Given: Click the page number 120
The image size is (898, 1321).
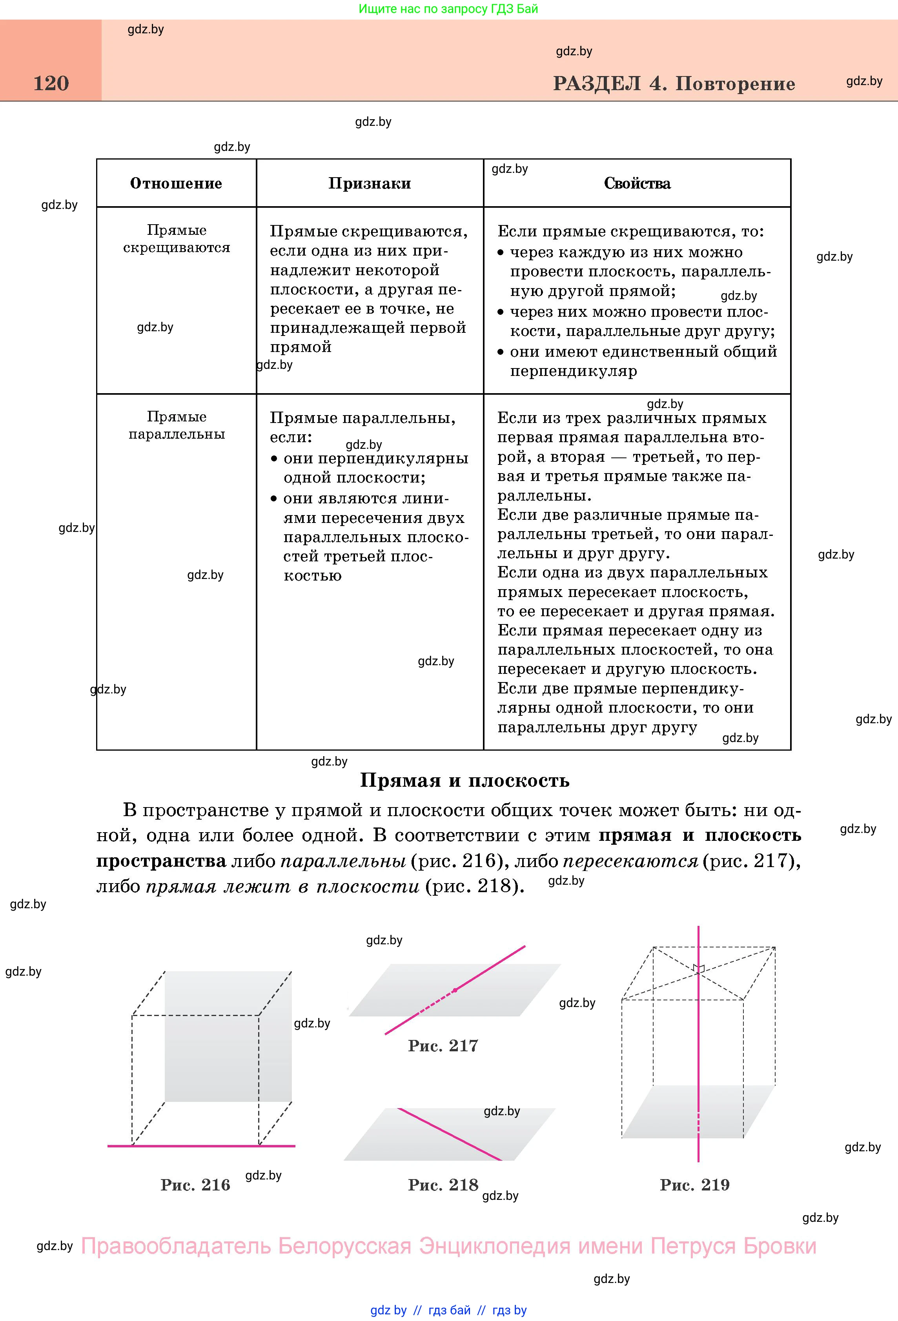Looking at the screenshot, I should [x=51, y=83].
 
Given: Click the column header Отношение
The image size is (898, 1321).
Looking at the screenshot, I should [x=176, y=183].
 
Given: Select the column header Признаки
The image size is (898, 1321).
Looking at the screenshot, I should [x=370, y=183].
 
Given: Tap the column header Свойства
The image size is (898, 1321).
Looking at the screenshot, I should [x=637, y=183].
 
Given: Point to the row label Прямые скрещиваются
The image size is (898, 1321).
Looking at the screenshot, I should [x=176, y=239].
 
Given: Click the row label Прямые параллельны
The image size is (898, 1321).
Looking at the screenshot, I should [x=176, y=425].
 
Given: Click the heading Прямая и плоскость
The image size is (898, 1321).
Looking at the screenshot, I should [x=464, y=780].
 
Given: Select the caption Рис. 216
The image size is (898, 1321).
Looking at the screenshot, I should [x=195, y=1185].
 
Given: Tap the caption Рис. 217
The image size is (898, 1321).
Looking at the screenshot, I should [x=443, y=1045].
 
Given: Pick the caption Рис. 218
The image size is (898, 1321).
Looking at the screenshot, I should [x=443, y=1185].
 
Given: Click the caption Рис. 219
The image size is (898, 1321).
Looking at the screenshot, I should [x=694, y=1185].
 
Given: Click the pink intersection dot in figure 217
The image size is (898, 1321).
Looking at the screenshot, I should [x=454, y=990].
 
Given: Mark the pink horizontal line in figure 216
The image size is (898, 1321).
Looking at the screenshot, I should [x=201, y=1146].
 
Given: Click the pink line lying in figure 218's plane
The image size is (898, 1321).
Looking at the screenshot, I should [x=449, y=1134].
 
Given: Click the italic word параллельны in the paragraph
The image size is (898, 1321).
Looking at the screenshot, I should [x=343, y=861].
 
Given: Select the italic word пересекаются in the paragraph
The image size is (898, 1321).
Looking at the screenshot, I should [x=630, y=861].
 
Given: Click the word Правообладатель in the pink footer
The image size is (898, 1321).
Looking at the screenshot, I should [x=176, y=1247].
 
